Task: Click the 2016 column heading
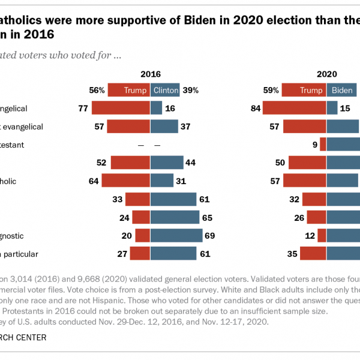pyautogui.click(x=151, y=74)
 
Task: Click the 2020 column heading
pyautogui.click(x=327, y=74)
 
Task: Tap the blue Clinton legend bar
pyautogui.click(x=165, y=91)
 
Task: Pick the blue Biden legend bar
pyautogui.click(x=341, y=91)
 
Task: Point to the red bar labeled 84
pyautogui.click(x=294, y=108)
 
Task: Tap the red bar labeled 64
pyautogui.click(x=126, y=181)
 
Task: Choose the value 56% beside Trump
pyautogui.click(x=97, y=91)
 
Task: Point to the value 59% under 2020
pyautogui.click(x=271, y=91)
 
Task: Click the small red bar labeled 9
pyautogui.click(x=323, y=145)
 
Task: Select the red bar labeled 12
pyautogui.click(x=322, y=235)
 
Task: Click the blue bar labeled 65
pyautogui.click(x=175, y=217)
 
